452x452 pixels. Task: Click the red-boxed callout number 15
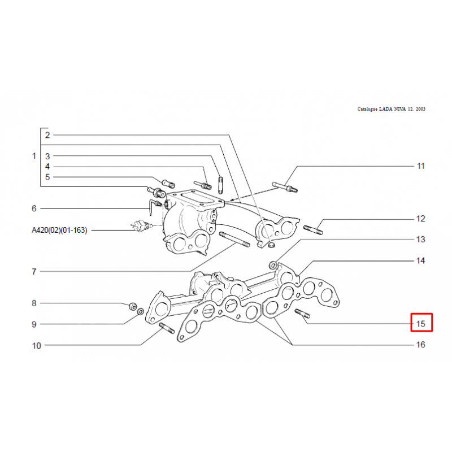(420, 324)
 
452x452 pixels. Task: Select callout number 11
(420, 166)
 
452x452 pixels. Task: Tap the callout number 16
(420, 345)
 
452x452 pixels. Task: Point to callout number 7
(34, 272)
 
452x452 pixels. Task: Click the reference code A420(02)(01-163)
(59, 230)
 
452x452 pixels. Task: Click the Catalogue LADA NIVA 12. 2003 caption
(391, 109)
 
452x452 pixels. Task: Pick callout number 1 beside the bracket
(34, 156)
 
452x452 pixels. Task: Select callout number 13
(420, 239)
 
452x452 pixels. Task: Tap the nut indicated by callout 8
(133, 306)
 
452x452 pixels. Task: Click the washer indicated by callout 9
(140, 312)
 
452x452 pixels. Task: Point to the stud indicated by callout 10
(167, 328)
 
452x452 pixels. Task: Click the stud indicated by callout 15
(302, 314)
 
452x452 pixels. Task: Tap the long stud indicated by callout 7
(234, 240)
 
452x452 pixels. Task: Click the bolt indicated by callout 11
(285, 187)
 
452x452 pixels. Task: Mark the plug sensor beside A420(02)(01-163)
(140, 226)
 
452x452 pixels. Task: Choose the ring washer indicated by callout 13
(273, 264)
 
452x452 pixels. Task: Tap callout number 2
(47, 135)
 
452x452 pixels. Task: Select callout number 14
(420, 260)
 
